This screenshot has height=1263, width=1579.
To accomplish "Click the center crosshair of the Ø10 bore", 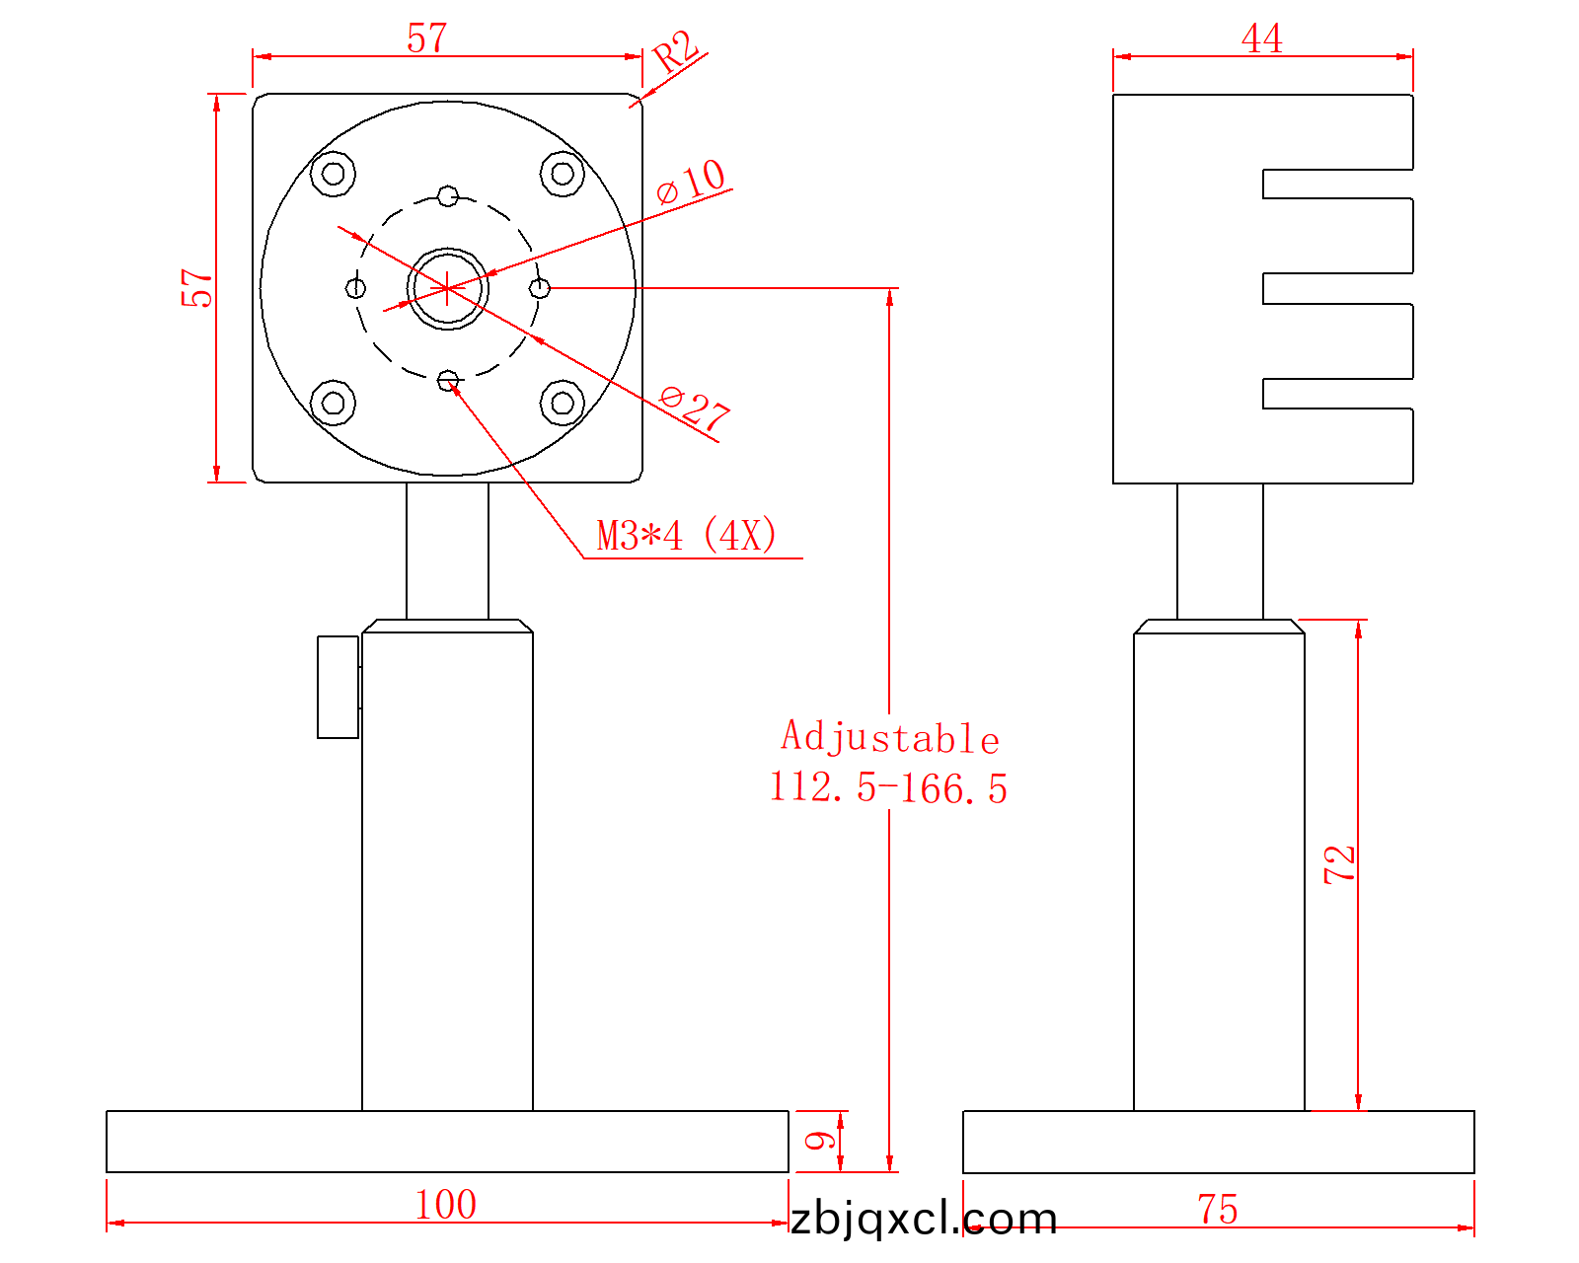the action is click(x=447, y=288).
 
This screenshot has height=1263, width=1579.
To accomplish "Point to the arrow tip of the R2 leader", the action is click(x=640, y=99).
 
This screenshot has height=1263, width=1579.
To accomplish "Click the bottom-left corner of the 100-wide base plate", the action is click(x=107, y=1171).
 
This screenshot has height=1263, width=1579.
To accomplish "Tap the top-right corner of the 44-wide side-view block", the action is click(x=1412, y=95).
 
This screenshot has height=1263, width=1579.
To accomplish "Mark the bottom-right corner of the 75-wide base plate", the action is click(x=1474, y=1173).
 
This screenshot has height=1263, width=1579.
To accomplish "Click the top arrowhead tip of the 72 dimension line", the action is click(x=1358, y=620).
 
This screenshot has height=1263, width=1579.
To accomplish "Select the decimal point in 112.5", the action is click(x=842, y=800).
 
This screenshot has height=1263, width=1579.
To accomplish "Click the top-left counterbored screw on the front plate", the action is click(x=334, y=174).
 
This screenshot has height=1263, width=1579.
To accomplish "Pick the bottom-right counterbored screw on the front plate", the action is click(x=563, y=403).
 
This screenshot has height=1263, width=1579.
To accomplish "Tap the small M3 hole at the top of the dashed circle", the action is click(x=448, y=196).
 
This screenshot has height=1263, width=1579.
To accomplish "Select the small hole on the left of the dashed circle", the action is click(x=356, y=288).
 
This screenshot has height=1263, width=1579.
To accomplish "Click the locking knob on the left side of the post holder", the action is click(x=338, y=687).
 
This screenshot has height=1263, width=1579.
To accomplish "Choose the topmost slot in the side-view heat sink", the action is click(x=1337, y=184).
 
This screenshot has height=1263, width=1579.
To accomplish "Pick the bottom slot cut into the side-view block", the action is click(x=1337, y=394).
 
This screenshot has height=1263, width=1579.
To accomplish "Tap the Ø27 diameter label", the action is click(x=694, y=409).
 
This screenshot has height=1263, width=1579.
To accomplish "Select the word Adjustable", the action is click(x=890, y=736).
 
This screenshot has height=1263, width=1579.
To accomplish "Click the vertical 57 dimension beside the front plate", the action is click(x=196, y=288).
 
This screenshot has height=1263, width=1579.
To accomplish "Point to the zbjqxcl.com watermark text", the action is click(x=924, y=1219).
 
